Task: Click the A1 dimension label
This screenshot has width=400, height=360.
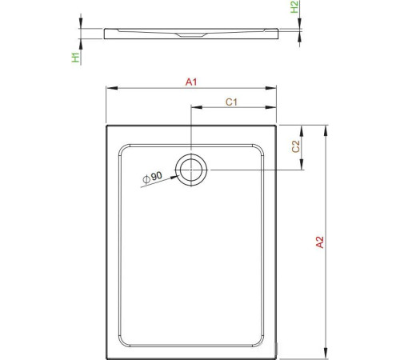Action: pos(191,81)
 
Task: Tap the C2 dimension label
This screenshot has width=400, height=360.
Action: pos(295,146)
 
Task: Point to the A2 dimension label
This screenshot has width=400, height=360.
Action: pos(319,242)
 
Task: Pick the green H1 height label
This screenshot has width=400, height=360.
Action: pos(74,56)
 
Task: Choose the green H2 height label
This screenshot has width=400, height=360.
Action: pos(295,8)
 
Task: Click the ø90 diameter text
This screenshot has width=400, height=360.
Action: pos(151,177)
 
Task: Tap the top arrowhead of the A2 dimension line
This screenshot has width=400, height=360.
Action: pos(327,126)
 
